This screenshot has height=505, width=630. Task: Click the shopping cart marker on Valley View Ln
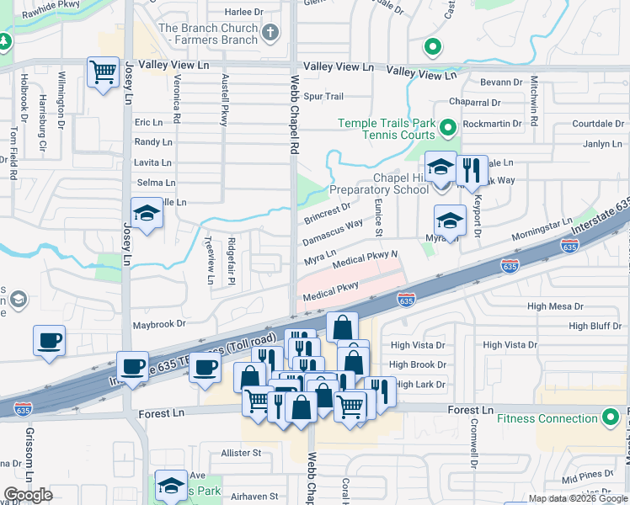[x=103, y=72]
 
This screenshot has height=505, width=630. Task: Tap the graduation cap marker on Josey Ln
[x=147, y=214]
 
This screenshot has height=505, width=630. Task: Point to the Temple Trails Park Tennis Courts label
[x=387, y=129]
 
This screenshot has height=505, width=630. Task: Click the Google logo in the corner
[x=28, y=495]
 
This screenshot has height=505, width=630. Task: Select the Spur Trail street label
[x=323, y=97]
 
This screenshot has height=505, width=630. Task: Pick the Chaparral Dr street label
[x=475, y=103]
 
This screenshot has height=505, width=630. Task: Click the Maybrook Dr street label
[x=158, y=324]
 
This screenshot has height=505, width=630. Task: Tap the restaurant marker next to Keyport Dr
[x=472, y=168]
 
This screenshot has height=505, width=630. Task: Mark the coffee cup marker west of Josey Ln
[x=49, y=341]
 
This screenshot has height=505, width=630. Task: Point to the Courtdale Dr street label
[x=596, y=124]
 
